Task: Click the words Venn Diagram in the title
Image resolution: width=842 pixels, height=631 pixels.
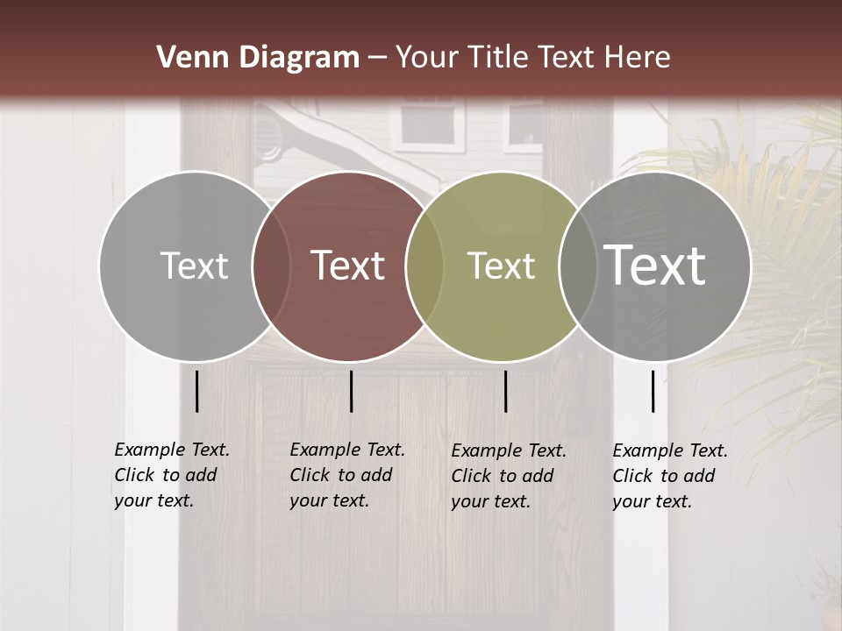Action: coord(258,58)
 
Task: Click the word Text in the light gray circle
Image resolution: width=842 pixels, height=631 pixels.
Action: coord(194,266)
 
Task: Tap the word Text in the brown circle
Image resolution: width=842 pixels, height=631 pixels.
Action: coord(348,266)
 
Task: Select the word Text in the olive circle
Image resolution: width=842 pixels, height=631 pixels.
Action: coord(501,266)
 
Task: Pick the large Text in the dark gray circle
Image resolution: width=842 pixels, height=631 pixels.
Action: coord(655,265)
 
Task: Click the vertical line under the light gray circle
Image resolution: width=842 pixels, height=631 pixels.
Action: coord(196,391)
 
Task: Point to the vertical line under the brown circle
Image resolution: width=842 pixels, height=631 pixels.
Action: coord(351,391)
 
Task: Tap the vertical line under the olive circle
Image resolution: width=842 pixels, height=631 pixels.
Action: coord(505,391)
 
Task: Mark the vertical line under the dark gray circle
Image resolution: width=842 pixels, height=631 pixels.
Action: coord(653,391)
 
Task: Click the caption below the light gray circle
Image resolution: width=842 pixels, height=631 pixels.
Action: coord(171,475)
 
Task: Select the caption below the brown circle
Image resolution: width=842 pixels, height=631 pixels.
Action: coord(346,475)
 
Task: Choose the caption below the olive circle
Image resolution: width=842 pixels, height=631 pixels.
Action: coord(509,476)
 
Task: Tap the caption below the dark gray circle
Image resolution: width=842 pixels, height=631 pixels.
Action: coord(670,476)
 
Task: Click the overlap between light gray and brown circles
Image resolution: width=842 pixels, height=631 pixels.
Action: coord(271,266)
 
